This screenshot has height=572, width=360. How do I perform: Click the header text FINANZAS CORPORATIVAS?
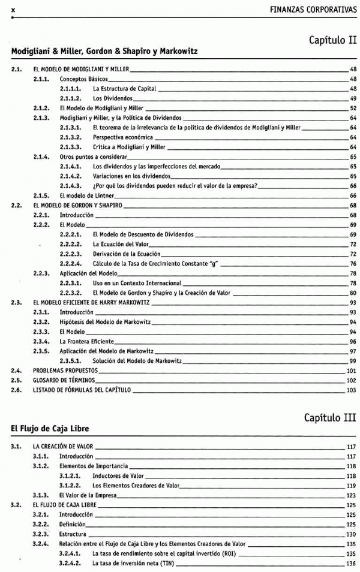313,10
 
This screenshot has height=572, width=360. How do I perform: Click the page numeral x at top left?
13,10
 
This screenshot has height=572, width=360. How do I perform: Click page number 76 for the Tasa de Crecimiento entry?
353,264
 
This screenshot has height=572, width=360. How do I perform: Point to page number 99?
353,361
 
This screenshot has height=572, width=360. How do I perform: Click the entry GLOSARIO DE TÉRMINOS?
66,380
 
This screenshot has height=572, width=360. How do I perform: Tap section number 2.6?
17,390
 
